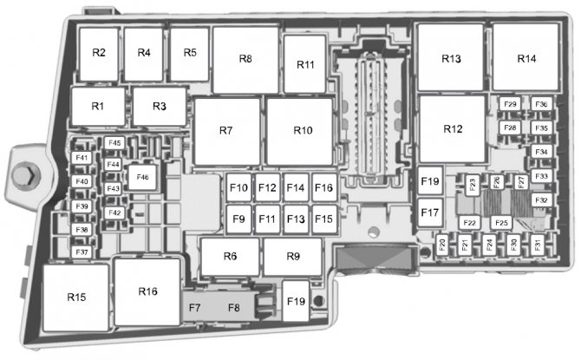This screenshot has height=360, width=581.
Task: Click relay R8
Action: [245, 59]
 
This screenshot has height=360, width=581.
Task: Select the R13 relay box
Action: [451, 59]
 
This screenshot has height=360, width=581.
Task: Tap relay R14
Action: [526, 59]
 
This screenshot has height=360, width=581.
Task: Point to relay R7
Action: [226, 131]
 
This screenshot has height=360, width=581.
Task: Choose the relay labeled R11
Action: [305, 65]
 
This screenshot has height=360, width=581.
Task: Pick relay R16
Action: [147, 291]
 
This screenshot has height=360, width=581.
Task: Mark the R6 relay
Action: [230, 256]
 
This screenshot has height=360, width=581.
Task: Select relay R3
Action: [159, 107]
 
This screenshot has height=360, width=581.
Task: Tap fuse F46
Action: [141, 177]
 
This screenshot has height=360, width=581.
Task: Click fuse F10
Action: [239, 188]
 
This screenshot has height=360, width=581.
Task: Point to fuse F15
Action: [323, 219]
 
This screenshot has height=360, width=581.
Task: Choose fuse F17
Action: [430, 212]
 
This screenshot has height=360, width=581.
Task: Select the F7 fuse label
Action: [194, 306]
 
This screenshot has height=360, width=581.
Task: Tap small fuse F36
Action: [542, 105]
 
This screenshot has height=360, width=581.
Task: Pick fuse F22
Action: [470, 223]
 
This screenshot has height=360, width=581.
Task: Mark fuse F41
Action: [82, 158]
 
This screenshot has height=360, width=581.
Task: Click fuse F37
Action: [82, 252]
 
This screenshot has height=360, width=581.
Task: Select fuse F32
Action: [541, 200]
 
